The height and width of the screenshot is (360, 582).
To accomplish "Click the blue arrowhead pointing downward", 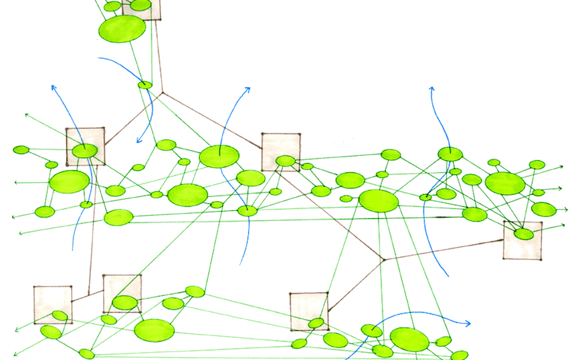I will coord(139,140).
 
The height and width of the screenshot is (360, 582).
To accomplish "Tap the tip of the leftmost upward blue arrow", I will coord(52,87).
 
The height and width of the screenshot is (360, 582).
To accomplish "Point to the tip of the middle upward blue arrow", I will coord(248,89).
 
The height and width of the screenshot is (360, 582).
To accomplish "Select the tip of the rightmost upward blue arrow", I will coord(432,89).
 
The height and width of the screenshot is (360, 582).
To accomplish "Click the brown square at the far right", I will coord(523,240).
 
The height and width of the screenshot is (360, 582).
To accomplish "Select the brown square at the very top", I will coord(141,8).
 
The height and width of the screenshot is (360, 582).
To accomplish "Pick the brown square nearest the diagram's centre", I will coord(281,151).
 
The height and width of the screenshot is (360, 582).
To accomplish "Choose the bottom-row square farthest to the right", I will coord(309,311).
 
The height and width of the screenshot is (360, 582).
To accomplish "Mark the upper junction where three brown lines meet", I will coord(162,92).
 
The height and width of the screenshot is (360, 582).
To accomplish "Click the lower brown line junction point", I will coord(383,260).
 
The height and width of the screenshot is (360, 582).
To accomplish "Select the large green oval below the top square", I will coord(122,29).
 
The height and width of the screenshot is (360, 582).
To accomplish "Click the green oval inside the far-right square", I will coord(523,234).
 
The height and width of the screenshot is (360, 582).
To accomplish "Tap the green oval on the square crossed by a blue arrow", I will coord(84,150).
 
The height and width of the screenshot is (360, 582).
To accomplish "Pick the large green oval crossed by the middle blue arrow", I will coord(219,156).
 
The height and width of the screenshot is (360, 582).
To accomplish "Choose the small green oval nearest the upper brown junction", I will coord(145,85).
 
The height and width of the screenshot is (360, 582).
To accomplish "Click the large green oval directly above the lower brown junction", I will coord(378,200).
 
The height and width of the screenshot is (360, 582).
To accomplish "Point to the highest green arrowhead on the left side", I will coord(26,114).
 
